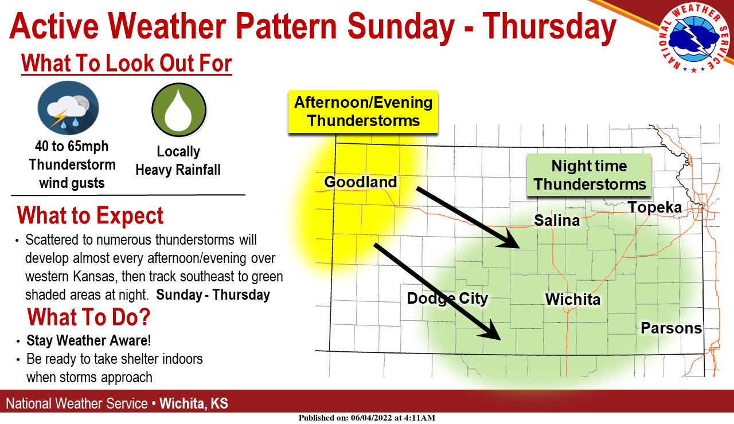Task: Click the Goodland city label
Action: click(360, 182)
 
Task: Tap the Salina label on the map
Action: click(557, 220)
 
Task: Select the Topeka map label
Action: click(654, 207)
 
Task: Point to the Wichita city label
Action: click(572, 299)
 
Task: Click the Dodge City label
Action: click(447, 299)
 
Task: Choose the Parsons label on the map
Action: click(671, 328)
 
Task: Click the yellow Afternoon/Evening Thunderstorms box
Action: click(363, 112)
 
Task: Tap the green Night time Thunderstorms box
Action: click(589, 175)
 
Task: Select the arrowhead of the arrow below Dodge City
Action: click(495, 333)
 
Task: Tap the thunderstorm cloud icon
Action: click(68, 109)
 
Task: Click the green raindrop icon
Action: click(178, 109)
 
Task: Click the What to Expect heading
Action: click(90, 216)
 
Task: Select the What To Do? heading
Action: click(89, 317)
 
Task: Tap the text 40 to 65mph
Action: click(72, 147)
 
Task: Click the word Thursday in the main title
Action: click(549, 27)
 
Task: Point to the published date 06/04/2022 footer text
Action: click(373, 418)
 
